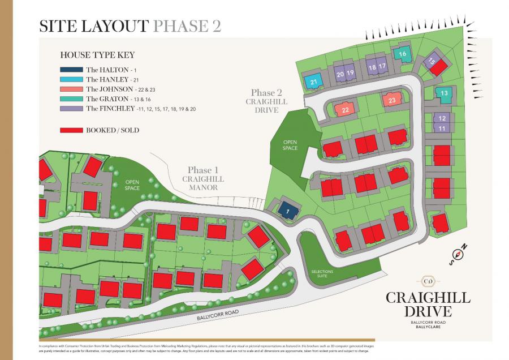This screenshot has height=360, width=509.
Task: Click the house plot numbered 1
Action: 288,211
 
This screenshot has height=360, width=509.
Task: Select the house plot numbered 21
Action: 313,82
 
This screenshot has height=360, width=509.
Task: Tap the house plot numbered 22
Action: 345,110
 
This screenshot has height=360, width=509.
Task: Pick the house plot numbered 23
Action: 392,100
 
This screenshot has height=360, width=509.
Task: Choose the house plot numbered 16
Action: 403,54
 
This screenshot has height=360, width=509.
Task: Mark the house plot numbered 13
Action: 445,93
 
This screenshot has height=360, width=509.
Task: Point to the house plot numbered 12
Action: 442,118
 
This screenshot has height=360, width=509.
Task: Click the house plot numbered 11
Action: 442,128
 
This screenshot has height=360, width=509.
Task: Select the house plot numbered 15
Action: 431,62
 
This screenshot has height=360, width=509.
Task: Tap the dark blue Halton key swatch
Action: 71,70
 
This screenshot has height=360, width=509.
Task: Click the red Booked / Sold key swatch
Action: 71,130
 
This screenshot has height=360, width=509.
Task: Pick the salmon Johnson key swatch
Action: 71,89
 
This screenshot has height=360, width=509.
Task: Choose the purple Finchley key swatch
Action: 71,108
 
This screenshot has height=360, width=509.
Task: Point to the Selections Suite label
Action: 322,274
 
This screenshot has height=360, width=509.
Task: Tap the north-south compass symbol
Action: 459,254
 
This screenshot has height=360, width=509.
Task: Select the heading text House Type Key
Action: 97,55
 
